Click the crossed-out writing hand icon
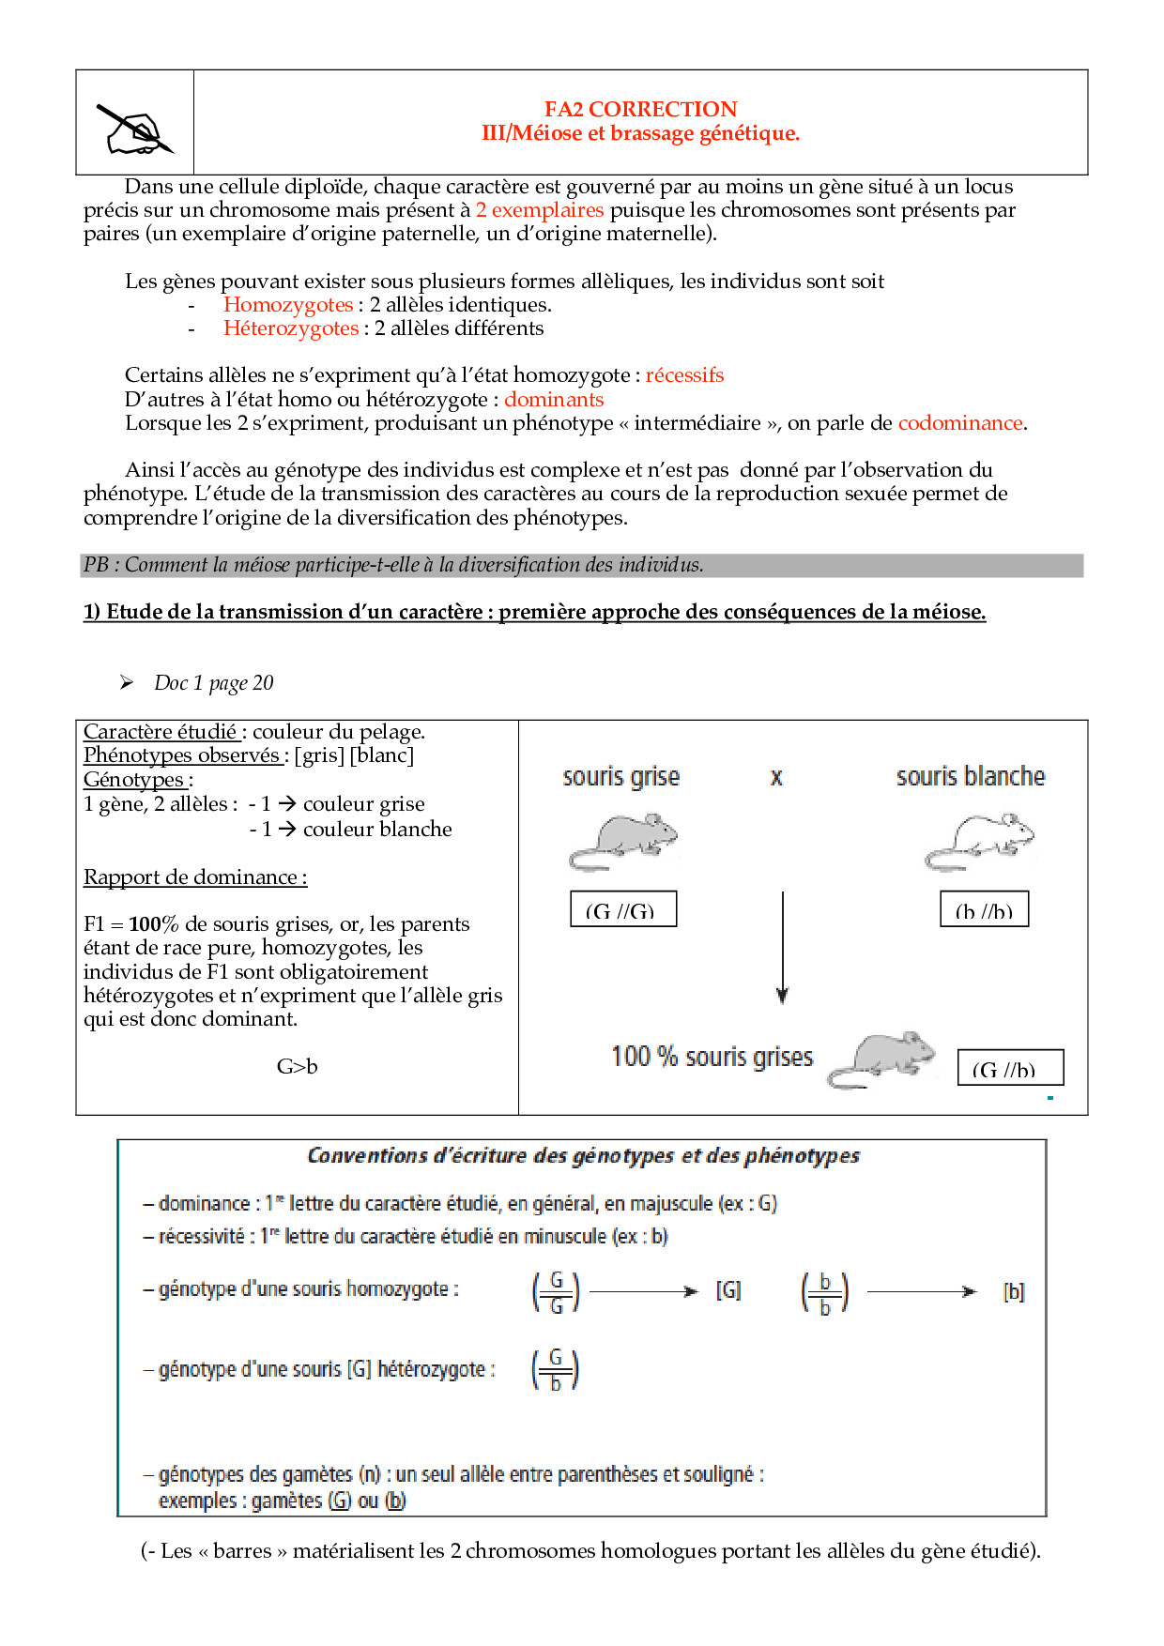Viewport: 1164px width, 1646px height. click(135, 130)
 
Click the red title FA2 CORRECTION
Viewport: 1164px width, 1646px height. click(640, 109)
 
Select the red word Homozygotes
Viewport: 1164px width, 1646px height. click(288, 305)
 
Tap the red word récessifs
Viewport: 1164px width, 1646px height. click(684, 375)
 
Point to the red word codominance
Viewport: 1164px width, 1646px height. click(959, 423)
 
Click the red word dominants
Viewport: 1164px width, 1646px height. click(554, 400)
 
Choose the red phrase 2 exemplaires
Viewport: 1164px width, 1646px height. click(540, 210)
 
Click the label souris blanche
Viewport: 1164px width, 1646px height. click(970, 777)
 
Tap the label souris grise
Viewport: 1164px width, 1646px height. click(620, 777)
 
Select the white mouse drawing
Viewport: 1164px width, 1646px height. click(980, 840)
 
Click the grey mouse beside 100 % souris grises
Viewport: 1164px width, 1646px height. click(881, 1059)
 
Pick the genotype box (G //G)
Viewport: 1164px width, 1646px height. click(623, 909)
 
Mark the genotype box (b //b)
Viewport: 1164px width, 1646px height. click(984, 909)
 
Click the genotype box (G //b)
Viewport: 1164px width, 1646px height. click(1010, 1068)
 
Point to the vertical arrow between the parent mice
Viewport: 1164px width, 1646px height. click(782, 948)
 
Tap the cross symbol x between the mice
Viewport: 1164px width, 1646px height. click(776, 777)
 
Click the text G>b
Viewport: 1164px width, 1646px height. click(297, 1067)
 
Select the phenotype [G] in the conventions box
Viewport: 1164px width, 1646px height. click(728, 1291)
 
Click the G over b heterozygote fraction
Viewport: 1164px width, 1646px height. click(556, 1370)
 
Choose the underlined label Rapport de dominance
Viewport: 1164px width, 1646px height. click(194, 877)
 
